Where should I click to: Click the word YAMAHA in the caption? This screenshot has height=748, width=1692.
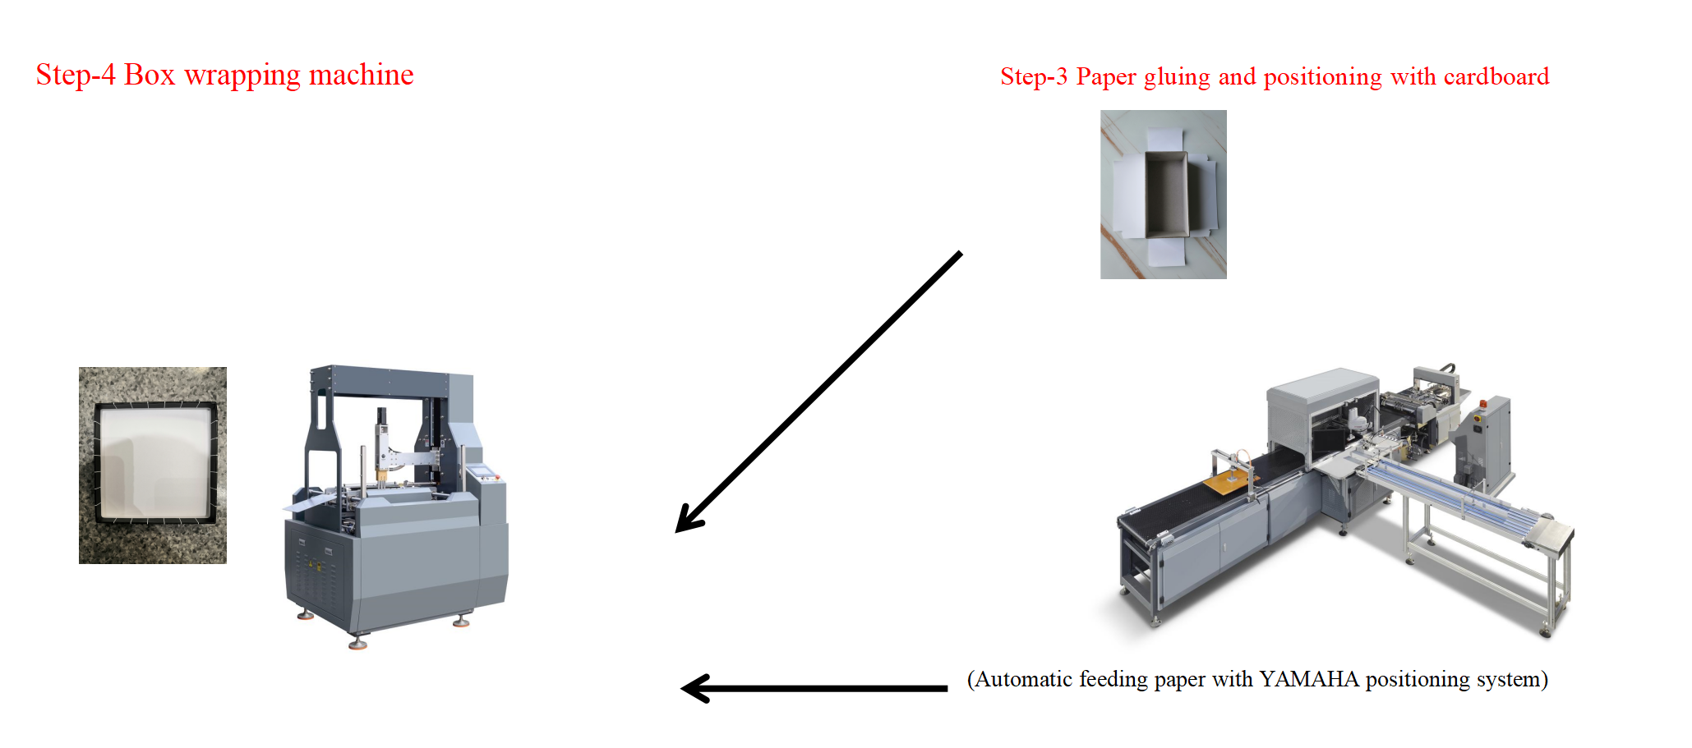coord(1308,680)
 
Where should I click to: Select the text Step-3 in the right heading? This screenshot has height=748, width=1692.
coord(1033,76)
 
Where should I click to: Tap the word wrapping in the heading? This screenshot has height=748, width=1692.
coord(242,76)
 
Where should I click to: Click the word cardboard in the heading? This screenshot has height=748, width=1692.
coord(1496,76)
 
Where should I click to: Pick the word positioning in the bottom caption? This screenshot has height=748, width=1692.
coord(1417,681)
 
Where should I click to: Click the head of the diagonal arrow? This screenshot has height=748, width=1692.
coord(686,522)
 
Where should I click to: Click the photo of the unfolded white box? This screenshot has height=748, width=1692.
coord(1163,195)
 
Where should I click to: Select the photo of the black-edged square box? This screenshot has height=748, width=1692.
coord(152,465)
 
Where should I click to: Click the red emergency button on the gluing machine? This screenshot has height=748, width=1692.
coord(1482,404)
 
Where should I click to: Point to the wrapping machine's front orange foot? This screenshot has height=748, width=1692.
coord(357,645)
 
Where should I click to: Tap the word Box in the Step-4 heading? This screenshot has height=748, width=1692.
coord(150,75)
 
